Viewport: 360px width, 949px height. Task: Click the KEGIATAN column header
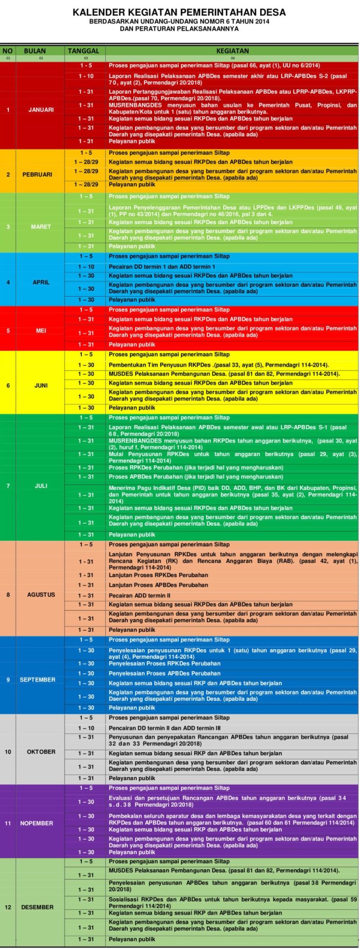(232, 51)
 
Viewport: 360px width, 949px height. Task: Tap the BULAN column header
(35, 51)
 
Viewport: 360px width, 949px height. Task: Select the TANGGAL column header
(83, 51)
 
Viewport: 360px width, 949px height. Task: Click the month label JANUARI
(41, 109)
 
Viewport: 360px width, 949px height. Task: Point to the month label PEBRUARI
(37, 174)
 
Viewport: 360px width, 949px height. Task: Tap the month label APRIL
(41, 282)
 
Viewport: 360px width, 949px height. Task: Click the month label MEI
(41, 330)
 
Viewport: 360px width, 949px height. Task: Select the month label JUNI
(41, 385)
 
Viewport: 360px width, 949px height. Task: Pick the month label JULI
(41, 486)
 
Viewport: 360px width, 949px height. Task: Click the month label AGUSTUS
(41, 594)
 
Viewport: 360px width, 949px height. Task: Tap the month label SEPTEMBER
(37, 679)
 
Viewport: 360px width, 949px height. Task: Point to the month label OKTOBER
(41, 751)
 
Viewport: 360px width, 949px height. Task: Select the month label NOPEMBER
(36, 823)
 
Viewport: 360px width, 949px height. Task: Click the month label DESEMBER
(37, 907)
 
